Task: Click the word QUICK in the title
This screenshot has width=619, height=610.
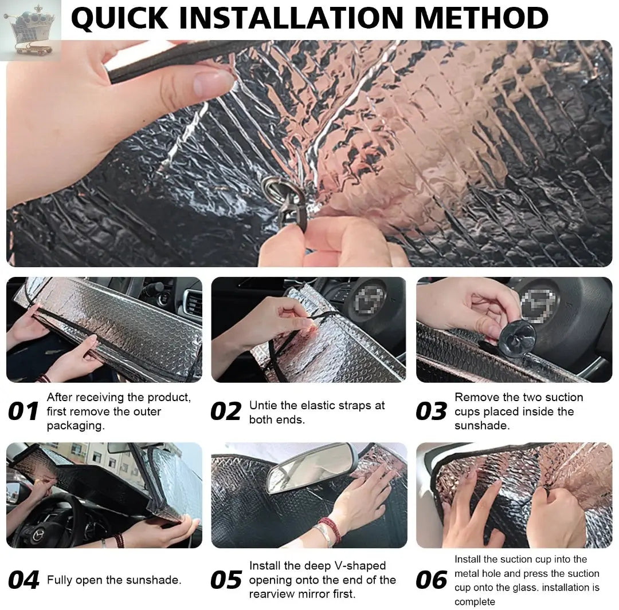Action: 120,18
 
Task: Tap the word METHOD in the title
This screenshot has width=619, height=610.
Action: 481,18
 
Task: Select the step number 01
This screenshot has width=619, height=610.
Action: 23,411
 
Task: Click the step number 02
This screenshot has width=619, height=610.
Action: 226,411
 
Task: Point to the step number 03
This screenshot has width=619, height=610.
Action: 431,411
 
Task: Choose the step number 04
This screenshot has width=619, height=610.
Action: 23,580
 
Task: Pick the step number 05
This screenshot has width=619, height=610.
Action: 226,580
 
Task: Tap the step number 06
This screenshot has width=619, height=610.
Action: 432,580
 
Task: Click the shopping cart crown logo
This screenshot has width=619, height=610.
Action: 31,30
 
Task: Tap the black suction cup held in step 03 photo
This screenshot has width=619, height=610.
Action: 516,338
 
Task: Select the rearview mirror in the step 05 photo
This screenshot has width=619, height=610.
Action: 312,468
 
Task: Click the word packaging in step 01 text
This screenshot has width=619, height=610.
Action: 76,426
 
